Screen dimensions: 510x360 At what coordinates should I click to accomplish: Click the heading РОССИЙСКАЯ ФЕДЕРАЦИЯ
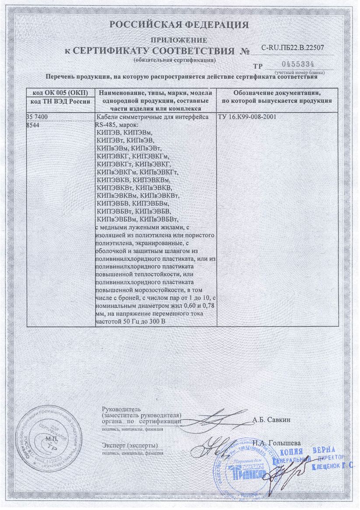tap(179, 25)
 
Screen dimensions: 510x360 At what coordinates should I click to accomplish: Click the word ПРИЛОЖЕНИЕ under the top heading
tap(179, 40)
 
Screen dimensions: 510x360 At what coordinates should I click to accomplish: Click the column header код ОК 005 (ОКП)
tap(60, 93)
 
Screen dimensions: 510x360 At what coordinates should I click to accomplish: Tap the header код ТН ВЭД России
tap(60, 101)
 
